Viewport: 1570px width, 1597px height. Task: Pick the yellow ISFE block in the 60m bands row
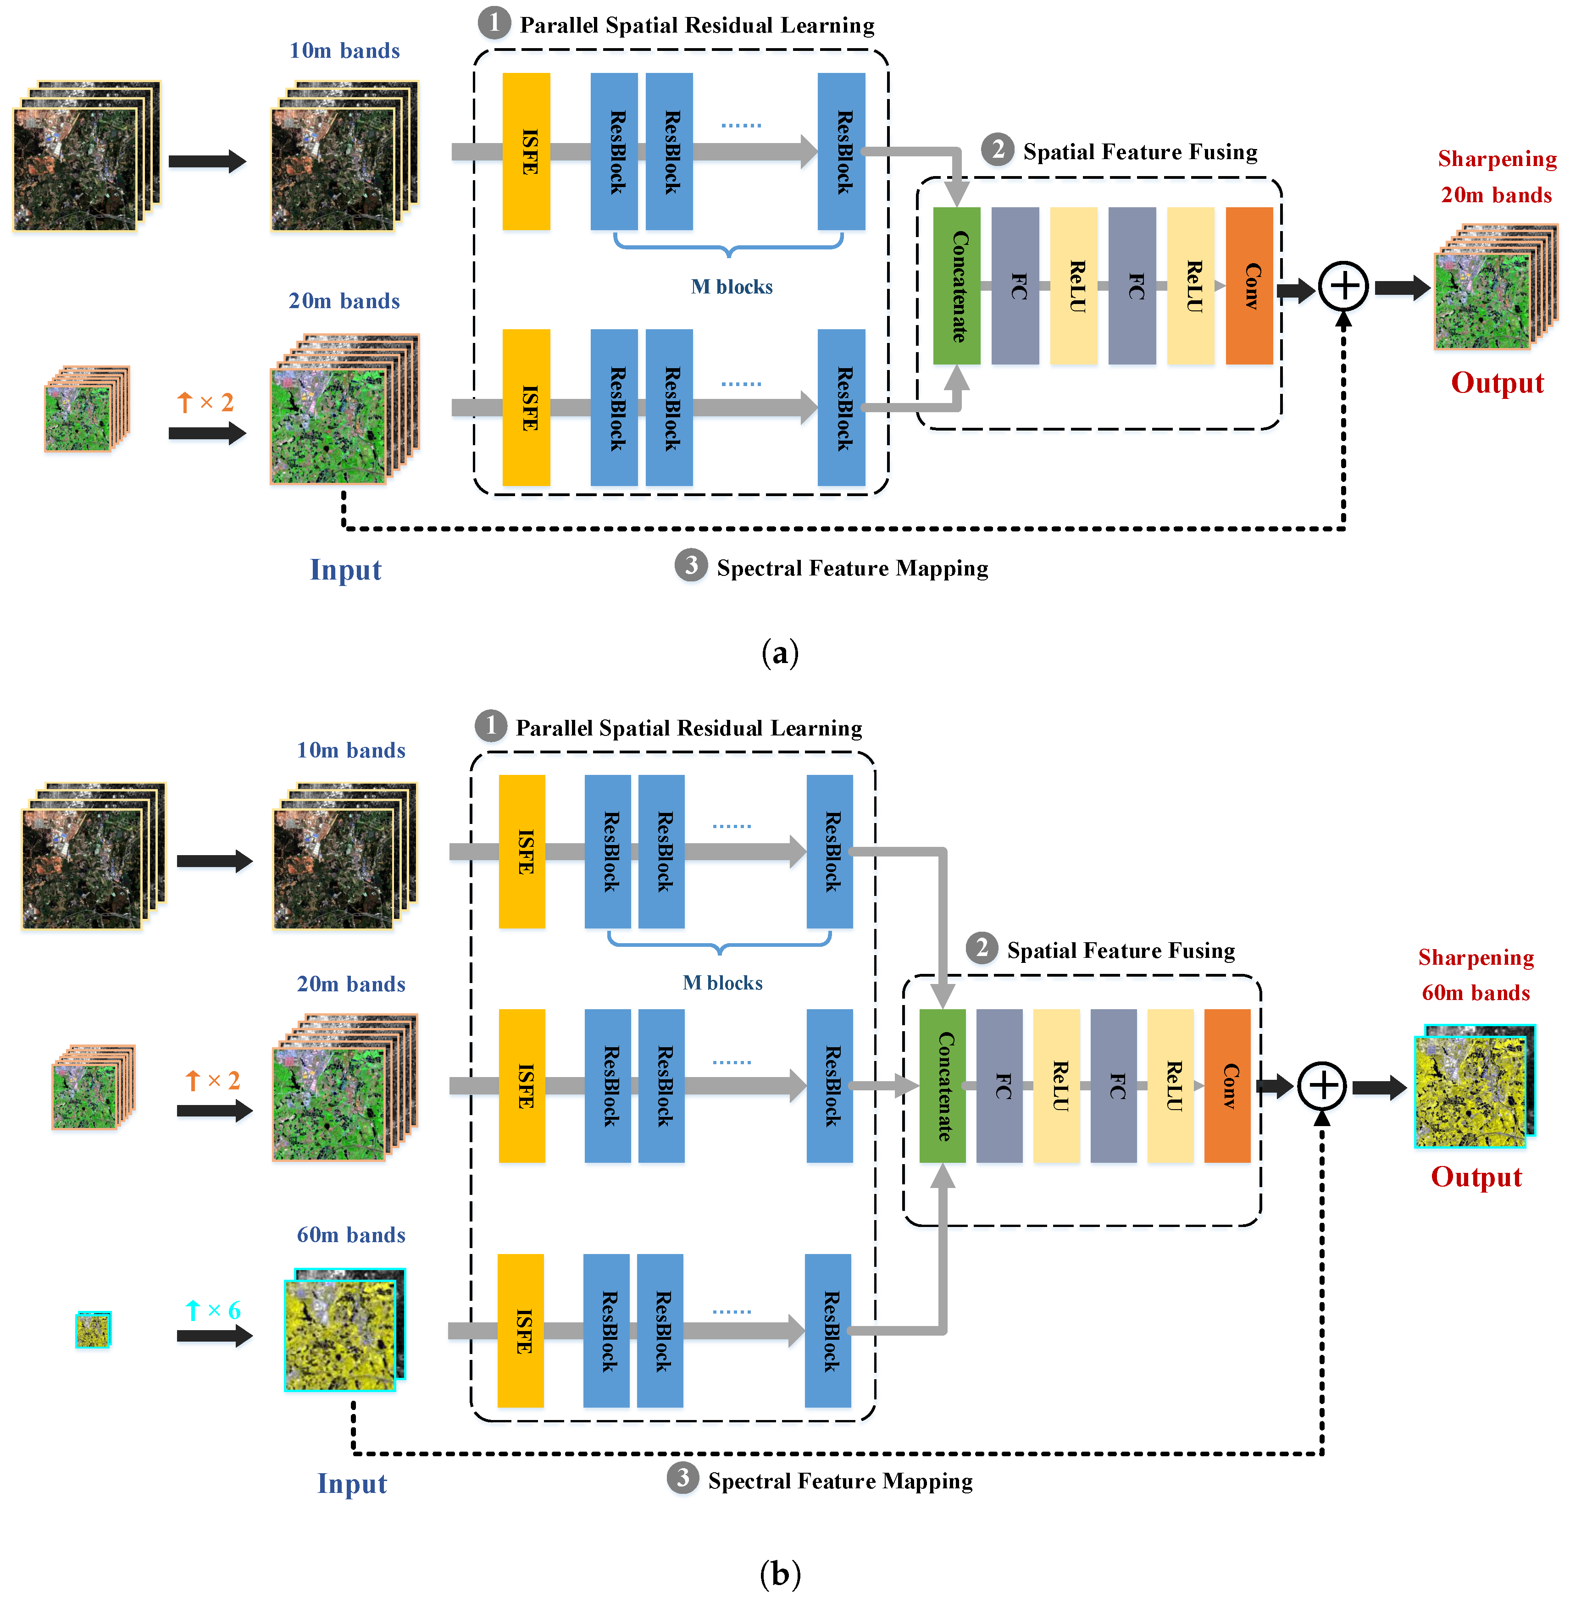pos(520,1330)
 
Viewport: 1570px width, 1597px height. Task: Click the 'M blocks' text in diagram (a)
pos(732,287)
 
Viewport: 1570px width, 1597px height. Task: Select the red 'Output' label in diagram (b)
pos(1476,1177)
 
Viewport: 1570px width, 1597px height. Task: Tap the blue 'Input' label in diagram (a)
pos(345,570)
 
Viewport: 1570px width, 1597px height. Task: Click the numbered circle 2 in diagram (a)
pos(998,150)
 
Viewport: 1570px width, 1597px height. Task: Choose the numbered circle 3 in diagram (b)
pos(683,1478)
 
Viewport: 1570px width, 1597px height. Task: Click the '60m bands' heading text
pos(351,1234)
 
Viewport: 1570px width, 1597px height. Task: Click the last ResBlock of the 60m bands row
pos(828,1330)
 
